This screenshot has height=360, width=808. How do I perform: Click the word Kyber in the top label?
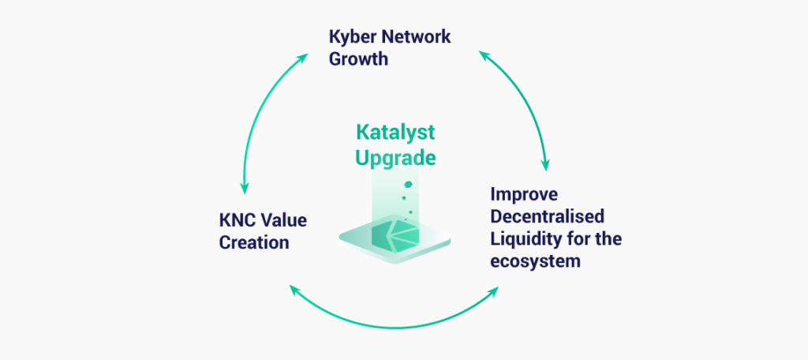[352, 38]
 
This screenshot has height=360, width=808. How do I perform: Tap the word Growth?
[359, 58]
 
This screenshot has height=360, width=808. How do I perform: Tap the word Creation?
[254, 242]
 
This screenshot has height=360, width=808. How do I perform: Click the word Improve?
[524, 195]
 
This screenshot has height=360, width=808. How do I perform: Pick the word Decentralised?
[547, 216]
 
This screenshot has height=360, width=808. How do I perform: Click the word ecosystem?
[535, 261]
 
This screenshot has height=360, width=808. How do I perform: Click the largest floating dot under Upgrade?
[407, 184]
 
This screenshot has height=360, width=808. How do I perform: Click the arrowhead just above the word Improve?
[545, 164]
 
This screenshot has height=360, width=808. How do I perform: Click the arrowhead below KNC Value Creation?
[296, 291]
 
